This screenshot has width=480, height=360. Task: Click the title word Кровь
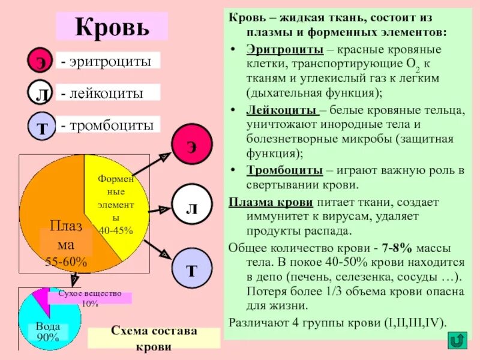tap(112, 27)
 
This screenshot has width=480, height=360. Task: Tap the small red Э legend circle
tap(41, 62)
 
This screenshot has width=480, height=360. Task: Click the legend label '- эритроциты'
tap(108, 61)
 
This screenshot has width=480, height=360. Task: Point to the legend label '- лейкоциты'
tap(108, 93)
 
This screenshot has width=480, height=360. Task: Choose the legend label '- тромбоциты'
tap(109, 125)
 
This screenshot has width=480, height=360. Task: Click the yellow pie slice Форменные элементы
tap(118, 204)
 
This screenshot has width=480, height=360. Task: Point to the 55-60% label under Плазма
tap(66, 262)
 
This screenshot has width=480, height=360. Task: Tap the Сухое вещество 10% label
tap(89, 298)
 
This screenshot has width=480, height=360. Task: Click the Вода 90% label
tap(48, 332)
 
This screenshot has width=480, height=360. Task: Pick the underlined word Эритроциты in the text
tap(276, 49)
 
